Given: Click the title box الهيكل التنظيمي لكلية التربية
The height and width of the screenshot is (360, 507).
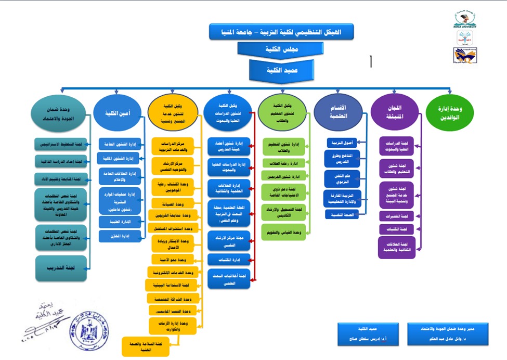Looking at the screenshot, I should coord(281,32).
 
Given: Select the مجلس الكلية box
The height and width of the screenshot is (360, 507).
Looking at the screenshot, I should coord(281,49).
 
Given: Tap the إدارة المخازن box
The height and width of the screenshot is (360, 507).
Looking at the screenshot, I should coord(120,236).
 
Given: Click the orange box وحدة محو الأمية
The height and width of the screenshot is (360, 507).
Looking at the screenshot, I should coord(175,259).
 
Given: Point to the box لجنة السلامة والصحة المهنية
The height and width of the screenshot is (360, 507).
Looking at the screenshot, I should coord(145,346).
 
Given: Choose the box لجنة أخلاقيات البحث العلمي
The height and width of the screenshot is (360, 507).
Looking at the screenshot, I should coord(229,279).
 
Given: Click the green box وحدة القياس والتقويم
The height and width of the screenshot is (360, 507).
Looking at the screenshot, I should coord(283,231).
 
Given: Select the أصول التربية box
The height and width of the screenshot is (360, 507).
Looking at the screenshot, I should coord(342,143).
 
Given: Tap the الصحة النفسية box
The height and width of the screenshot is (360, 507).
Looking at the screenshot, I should coord(342,214).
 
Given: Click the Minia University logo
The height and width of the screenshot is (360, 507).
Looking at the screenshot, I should coord(465,19).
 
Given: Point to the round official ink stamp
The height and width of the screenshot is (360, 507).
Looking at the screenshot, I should coord(93,331).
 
